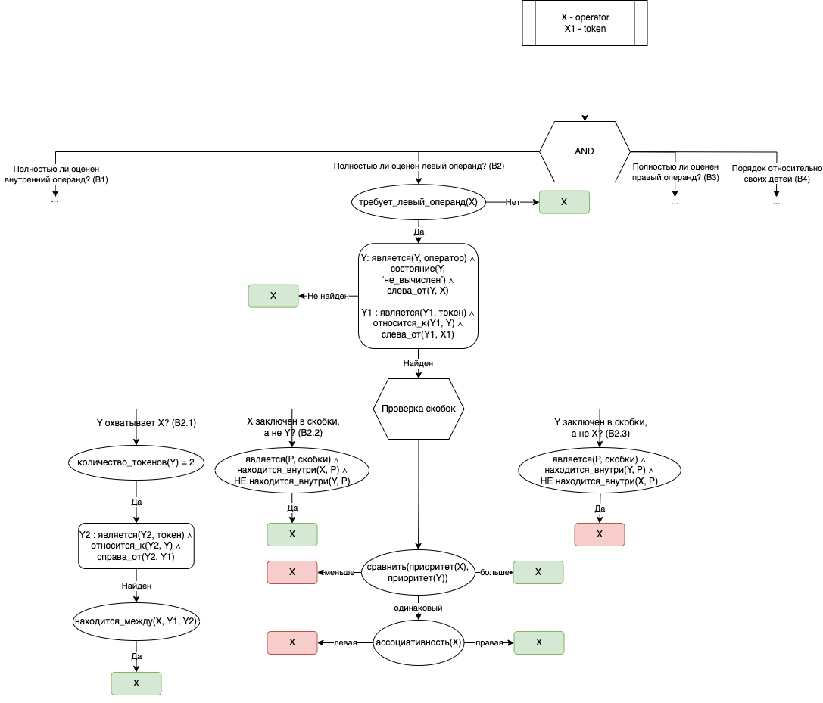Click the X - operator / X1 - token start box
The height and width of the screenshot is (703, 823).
585,23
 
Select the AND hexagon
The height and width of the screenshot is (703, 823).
585,151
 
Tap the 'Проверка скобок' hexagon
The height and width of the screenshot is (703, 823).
419,409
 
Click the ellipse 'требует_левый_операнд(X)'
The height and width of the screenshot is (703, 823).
418,202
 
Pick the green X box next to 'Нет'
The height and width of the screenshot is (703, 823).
564,202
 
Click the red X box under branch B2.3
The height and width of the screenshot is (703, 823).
600,534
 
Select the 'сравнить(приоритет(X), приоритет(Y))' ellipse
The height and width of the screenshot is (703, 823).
418,573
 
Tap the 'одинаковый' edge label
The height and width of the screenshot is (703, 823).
418,608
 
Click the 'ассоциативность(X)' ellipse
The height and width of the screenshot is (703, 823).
418,642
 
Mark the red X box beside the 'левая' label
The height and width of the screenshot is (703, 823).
292,642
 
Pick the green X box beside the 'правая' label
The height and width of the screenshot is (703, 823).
539,642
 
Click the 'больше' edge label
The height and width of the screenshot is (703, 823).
495,573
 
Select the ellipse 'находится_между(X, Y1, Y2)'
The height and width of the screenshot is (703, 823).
136,621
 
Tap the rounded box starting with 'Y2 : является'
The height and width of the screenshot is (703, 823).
136,546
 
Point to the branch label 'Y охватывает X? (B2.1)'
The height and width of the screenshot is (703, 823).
147,423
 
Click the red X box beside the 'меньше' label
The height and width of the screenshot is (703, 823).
292,572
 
